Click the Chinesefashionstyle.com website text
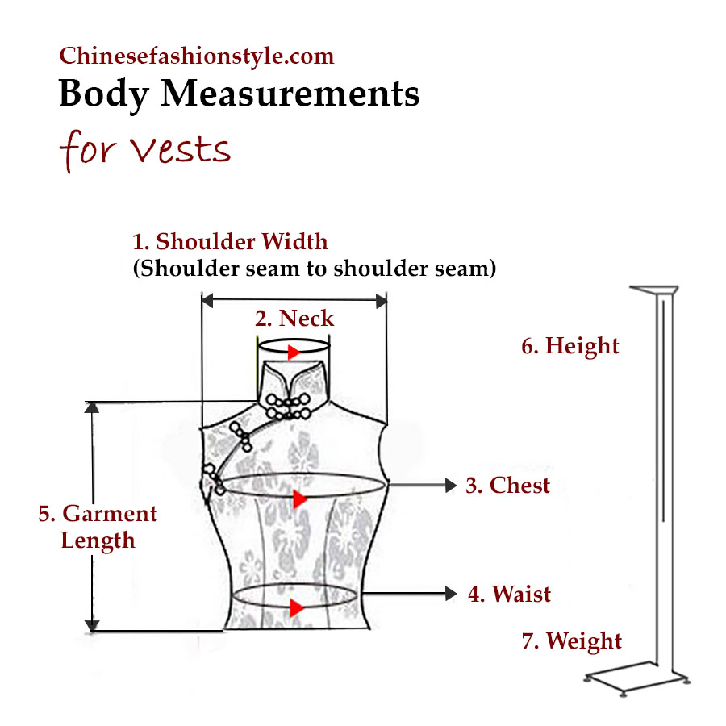[196, 56]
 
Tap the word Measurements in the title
[290, 94]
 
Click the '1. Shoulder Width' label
[230, 241]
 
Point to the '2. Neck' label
[294, 318]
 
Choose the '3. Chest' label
[508, 485]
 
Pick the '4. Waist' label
[510, 595]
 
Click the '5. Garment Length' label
[98, 527]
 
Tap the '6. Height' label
[570, 346]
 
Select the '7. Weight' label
[572, 641]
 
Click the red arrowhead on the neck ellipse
[294, 353]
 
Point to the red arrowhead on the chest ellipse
[300, 499]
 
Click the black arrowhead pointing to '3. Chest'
[451, 485]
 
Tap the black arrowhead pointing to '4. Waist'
[451, 595]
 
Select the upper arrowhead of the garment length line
[93, 407]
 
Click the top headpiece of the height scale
[654, 290]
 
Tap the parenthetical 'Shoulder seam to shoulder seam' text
[314, 268]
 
